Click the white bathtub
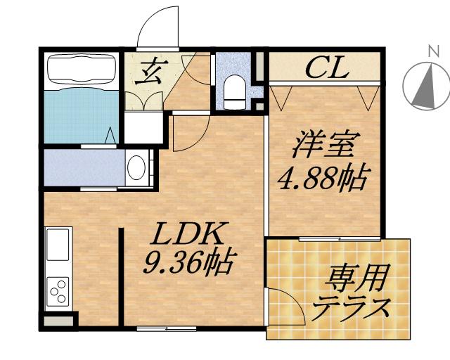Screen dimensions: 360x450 81,70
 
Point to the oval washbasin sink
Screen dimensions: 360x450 136,169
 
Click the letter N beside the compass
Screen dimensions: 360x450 429,51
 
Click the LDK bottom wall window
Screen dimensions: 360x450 156,328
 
